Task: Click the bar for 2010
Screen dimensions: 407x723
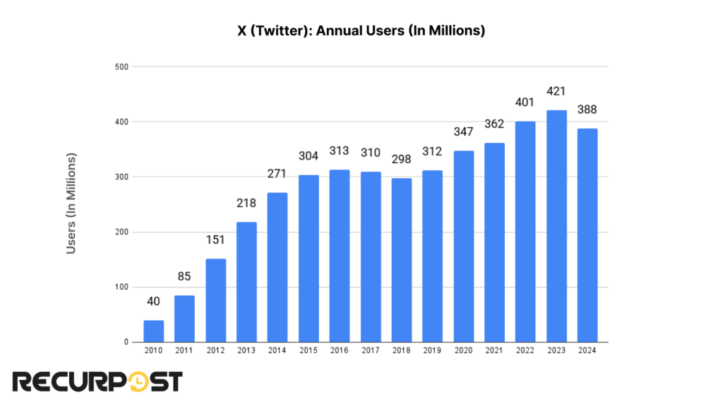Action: point(153,331)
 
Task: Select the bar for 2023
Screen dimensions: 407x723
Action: point(556,226)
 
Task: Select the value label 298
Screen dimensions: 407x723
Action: point(402,166)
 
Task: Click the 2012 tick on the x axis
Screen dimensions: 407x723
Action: point(215,350)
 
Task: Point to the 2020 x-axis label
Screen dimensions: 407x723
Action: point(463,350)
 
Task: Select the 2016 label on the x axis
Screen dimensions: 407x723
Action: point(340,350)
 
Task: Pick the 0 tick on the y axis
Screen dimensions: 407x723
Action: point(124,343)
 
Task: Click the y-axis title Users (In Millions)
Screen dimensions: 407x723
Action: point(71,203)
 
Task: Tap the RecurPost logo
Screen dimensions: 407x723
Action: point(97,382)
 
